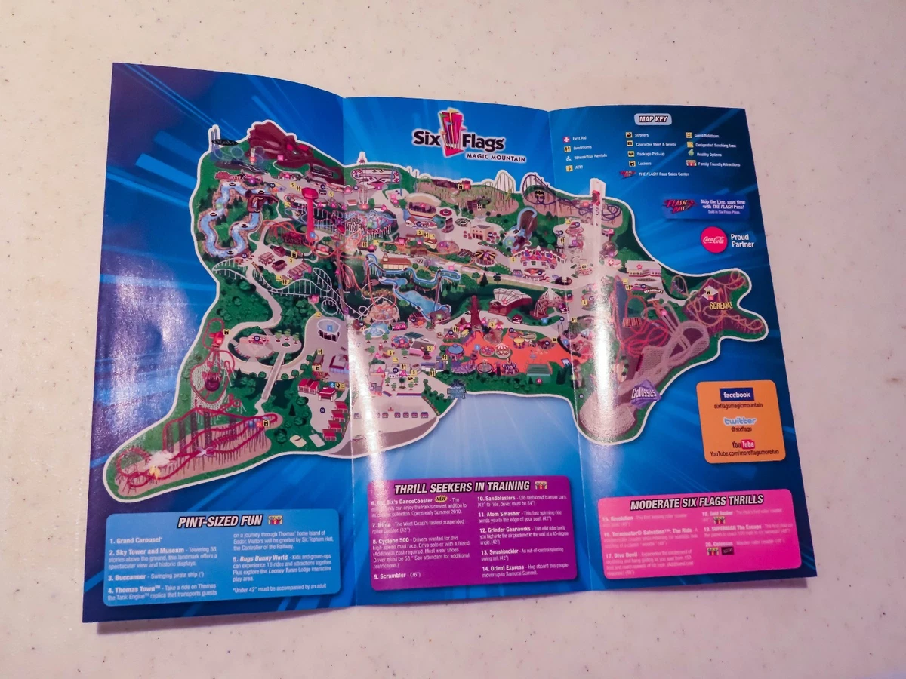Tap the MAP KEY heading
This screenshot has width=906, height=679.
(654, 118)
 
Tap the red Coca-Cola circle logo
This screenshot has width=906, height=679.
(713, 240)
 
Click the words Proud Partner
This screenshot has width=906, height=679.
(741, 240)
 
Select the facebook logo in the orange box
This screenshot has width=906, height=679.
(735, 395)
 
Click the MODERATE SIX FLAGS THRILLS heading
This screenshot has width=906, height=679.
(695, 500)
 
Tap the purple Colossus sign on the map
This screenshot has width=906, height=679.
(645, 395)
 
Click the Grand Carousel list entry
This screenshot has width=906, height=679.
(133, 541)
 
